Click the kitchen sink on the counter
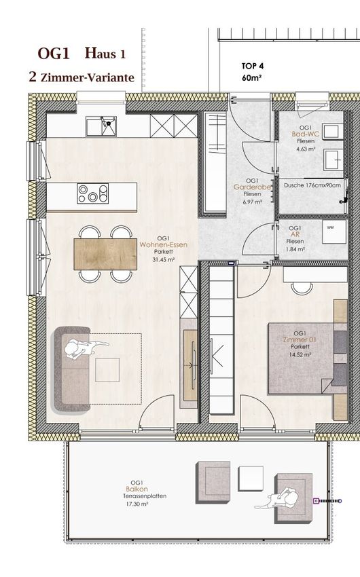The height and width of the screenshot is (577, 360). [x=101, y=126]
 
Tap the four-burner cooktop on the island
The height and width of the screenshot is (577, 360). [x=93, y=193]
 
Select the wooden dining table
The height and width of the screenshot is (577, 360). [x=105, y=255]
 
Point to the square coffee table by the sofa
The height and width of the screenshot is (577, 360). [x=107, y=369]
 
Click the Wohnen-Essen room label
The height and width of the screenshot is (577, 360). [x=164, y=244]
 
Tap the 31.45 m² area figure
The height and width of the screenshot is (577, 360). [x=164, y=259]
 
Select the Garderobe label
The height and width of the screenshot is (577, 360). [x=253, y=187]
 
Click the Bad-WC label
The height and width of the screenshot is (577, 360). [x=306, y=134]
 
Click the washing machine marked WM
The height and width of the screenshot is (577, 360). [x=334, y=231]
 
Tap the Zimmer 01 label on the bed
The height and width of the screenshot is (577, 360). [x=300, y=339]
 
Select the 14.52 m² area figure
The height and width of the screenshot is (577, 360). [x=300, y=355]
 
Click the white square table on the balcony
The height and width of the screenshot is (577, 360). [x=251, y=477]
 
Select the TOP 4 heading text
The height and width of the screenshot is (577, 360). [x=253, y=67]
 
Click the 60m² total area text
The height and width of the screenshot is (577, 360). [x=252, y=78]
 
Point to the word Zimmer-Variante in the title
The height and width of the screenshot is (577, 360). [x=88, y=77]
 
